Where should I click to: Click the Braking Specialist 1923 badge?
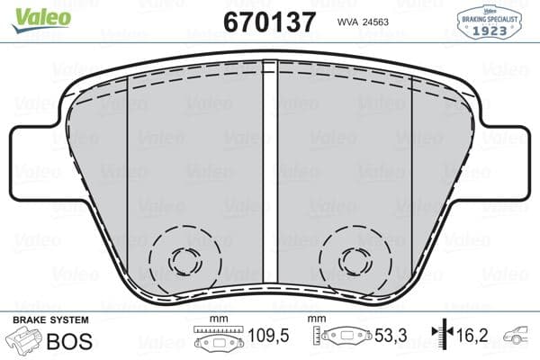(x=491, y=21)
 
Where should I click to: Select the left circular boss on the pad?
(x=186, y=261)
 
